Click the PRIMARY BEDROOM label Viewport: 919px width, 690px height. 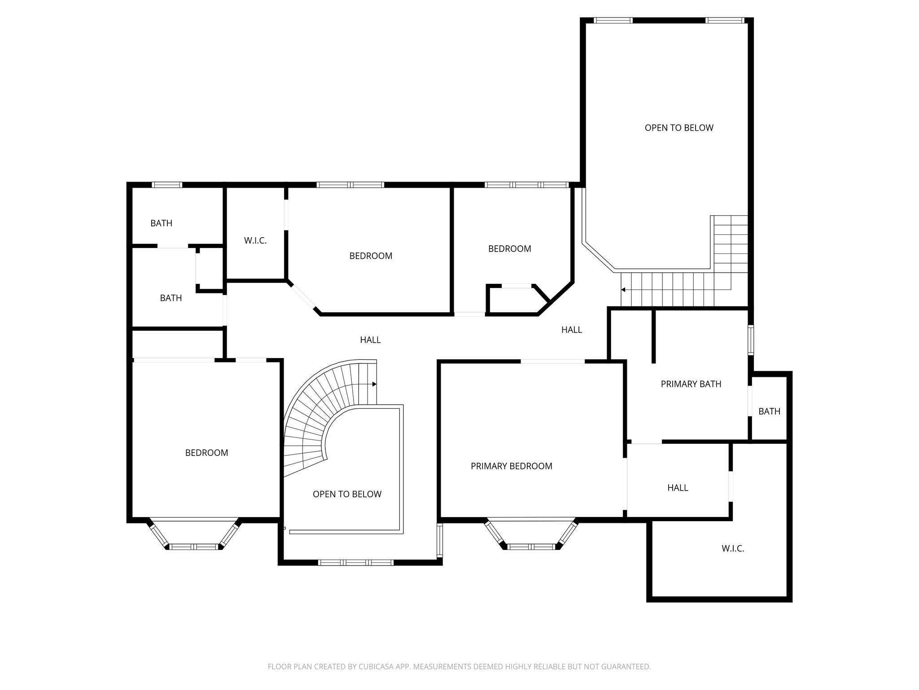(x=511, y=466)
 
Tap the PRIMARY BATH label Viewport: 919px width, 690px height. (x=691, y=384)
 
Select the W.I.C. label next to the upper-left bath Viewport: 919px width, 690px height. (x=255, y=241)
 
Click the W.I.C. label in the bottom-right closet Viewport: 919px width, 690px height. (x=733, y=548)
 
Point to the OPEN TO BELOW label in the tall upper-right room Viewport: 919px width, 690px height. (x=678, y=128)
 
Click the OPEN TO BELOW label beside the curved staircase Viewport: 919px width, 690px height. (x=347, y=494)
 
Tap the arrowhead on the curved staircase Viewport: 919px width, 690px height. (x=374, y=384)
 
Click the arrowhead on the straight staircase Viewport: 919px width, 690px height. (x=623, y=290)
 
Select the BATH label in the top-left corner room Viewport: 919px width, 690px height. (x=161, y=223)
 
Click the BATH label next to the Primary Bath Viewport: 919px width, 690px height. (x=769, y=411)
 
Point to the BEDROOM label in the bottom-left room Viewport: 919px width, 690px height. (x=206, y=453)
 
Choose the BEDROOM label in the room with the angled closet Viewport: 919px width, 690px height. (x=509, y=249)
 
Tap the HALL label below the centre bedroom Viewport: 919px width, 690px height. (x=370, y=340)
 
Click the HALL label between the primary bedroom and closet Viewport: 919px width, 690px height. (x=677, y=488)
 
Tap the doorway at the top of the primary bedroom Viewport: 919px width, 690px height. (x=552, y=361)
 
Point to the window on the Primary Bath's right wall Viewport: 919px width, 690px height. (x=750, y=340)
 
